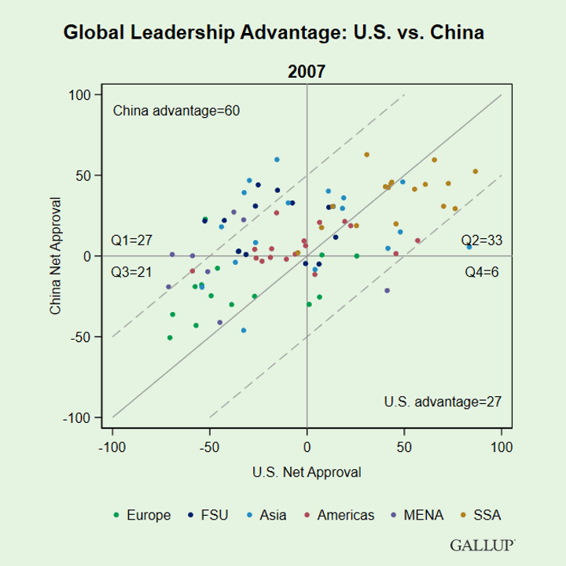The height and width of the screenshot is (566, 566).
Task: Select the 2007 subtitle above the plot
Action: click(x=307, y=72)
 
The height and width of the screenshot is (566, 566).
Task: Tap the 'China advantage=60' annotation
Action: click(x=176, y=111)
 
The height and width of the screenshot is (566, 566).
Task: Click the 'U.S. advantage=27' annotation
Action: click(x=443, y=402)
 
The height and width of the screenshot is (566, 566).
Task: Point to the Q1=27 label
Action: click(x=129, y=241)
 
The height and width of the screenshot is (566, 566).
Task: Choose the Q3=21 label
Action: click(x=129, y=273)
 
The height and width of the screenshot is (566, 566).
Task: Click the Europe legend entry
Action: click(x=142, y=516)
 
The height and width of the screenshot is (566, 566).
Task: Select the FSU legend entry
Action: click(x=208, y=516)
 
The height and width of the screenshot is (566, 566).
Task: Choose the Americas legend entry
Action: click(x=339, y=516)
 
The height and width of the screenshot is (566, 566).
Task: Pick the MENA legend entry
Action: click(x=417, y=516)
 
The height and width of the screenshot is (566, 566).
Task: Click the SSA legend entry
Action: click(x=481, y=516)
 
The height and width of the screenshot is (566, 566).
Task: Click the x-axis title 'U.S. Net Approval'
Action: click(x=307, y=472)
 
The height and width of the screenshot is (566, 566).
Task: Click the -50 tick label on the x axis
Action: click(x=208, y=447)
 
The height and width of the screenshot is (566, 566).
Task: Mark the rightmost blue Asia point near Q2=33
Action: click(x=469, y=247)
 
